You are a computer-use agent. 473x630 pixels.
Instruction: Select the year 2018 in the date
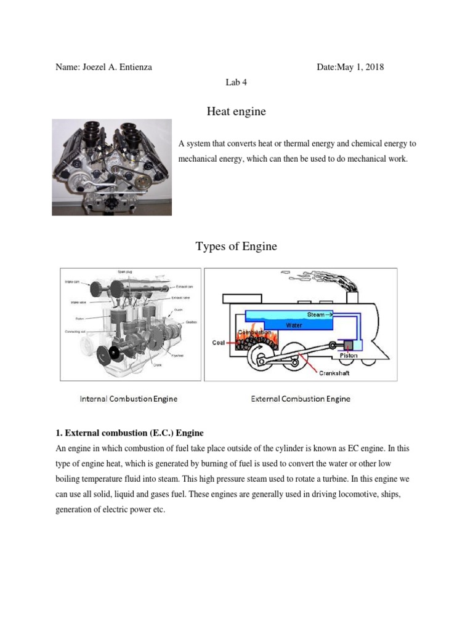(373, 67)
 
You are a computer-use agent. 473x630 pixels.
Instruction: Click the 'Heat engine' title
(236, 111)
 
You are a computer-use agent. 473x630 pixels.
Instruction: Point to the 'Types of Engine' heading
(236, 247)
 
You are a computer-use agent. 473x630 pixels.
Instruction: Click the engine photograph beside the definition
(111, 167)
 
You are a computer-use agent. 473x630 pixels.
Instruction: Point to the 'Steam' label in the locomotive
(316, 314)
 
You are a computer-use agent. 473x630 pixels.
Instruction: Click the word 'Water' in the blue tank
(294, 325)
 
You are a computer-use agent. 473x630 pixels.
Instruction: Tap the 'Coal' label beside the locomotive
(219, 343)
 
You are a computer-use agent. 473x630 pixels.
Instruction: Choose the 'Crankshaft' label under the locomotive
(334, 372)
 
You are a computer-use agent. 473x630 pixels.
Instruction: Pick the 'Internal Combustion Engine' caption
(129, 399)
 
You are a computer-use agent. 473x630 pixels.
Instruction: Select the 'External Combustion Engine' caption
(301, 399)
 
